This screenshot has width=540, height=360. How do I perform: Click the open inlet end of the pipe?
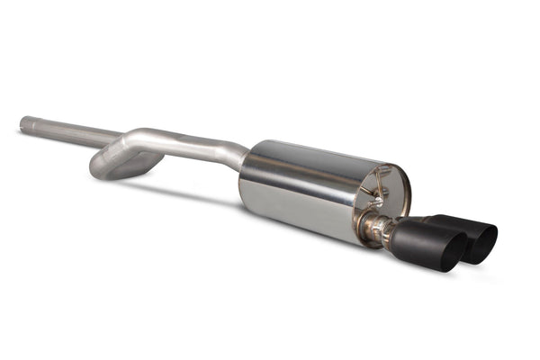23,123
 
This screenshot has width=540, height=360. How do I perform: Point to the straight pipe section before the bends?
67,131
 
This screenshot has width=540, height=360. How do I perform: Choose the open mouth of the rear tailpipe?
481,242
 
